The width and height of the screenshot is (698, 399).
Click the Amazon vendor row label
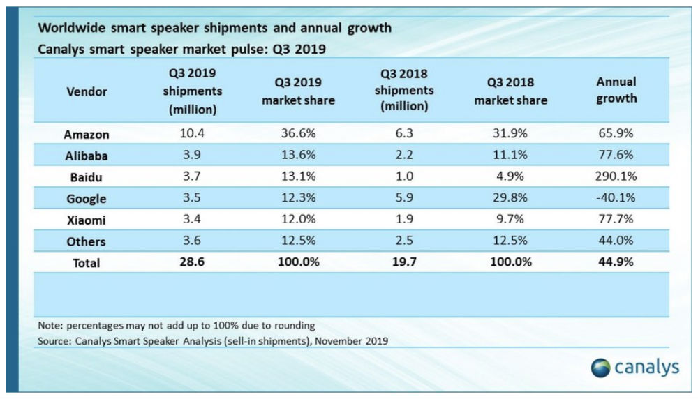coord(86,135)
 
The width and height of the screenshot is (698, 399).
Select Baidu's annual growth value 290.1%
coord(616,177)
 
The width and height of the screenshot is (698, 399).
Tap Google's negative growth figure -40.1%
coord(616,199)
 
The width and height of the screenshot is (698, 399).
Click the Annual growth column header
coord(616,90)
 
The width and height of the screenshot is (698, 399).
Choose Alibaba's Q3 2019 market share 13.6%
coord(298,156)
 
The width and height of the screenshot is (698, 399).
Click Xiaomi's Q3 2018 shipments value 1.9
coord(403,220)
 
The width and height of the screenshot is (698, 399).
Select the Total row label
coord(86,263)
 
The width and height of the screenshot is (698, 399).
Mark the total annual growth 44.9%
coord(616,263)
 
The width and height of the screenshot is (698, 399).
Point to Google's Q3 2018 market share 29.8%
coord(510,199)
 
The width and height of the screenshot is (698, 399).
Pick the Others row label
coord(86,242)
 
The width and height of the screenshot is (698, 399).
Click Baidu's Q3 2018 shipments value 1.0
coord(403,177)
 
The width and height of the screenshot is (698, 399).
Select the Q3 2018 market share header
coord(510,91)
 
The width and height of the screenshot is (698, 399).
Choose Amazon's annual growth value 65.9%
coord(616,135)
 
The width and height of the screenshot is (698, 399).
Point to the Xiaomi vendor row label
coord(86,220)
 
